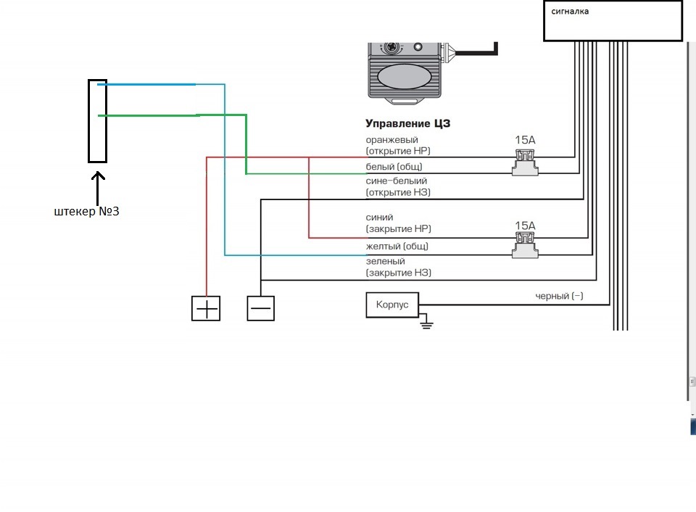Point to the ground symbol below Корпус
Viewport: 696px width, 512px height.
tap(426, 323)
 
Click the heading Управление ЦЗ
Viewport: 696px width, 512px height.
tap(408, 123)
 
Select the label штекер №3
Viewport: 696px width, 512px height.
tap(86, 211)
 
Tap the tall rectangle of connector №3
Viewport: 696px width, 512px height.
tap(88, 121)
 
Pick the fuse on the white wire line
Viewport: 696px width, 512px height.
tap(525, 162)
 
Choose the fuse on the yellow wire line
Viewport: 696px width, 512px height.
tap(525, 245)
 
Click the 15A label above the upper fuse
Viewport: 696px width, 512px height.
tap(525, 140)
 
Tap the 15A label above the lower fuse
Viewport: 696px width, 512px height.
tap(525, 226)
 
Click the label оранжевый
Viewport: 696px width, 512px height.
tap(392, 140)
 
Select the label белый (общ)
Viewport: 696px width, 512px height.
tap(394, 167)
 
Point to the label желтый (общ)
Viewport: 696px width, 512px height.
tap(397, 246)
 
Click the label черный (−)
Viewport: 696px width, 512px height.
tap(559, 296)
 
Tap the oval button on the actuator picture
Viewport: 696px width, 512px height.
tap(404, 76)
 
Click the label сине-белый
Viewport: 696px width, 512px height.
tap(397, 181)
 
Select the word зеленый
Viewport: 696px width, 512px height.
tap(385, 261)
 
